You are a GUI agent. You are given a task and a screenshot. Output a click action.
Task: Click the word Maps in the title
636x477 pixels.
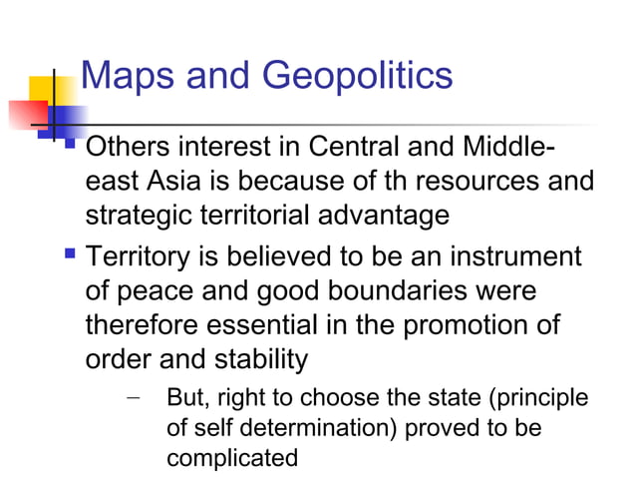122,75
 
